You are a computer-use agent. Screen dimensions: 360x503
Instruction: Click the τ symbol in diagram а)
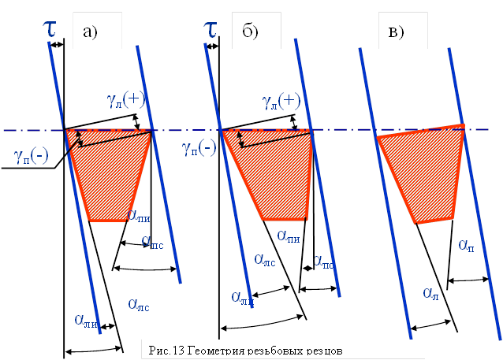(49, 30)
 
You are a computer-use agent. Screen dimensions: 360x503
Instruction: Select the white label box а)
(96, 32)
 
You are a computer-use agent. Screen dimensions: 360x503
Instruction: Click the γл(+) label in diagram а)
(127, 98)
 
